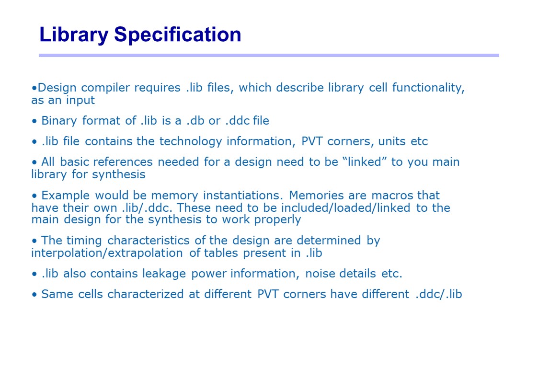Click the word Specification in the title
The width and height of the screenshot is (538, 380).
177,35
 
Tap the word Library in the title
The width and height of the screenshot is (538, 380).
74,35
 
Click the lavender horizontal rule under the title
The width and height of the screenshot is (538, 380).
269,55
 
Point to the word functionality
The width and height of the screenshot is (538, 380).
428,88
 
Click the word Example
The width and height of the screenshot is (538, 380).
66,196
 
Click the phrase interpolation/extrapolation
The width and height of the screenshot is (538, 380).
107,253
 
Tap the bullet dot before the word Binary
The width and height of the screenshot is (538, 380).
34,121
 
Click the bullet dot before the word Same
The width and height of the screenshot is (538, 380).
34,295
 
